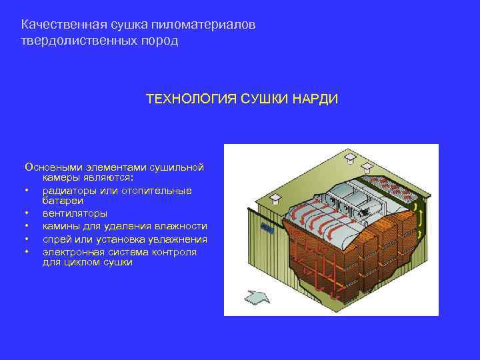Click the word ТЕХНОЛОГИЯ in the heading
click(186, 99)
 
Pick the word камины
click(61, 227)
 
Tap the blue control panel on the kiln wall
click(268, 228)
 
